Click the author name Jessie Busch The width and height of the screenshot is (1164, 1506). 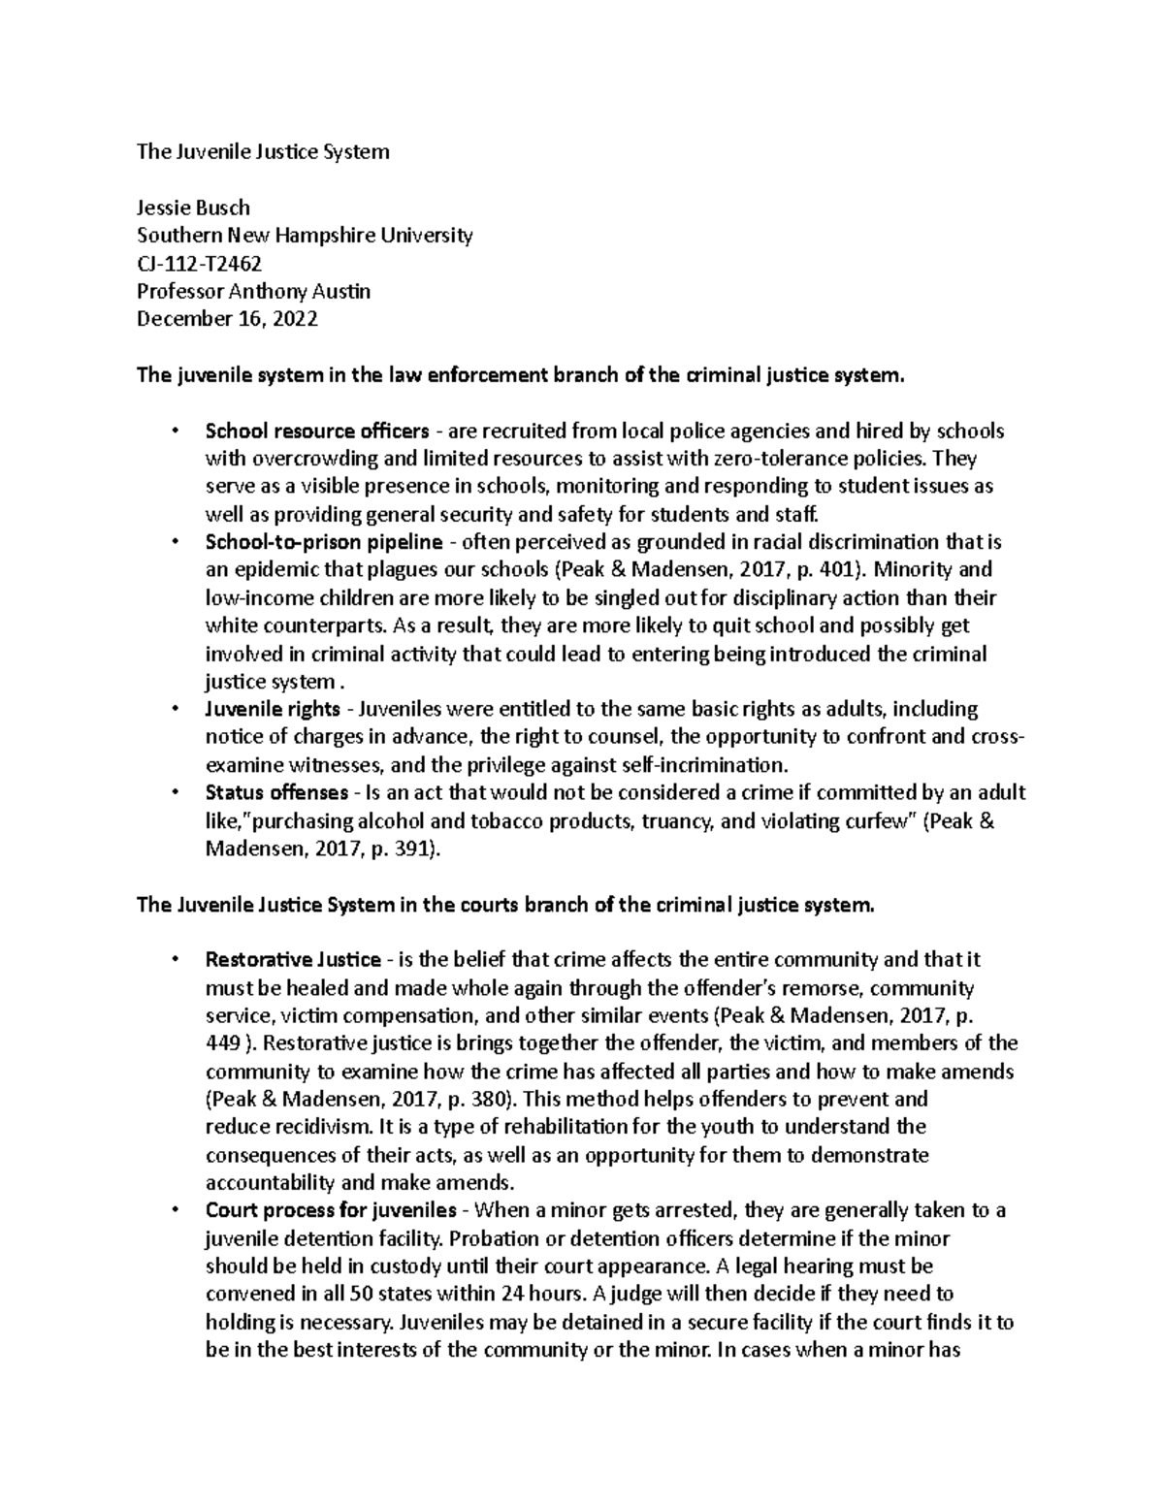coord(193,208)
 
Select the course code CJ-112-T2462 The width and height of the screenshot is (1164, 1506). coord(199,264)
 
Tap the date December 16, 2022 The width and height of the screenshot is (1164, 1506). coord(227,319)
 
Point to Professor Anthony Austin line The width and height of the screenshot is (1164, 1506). coord(253,291)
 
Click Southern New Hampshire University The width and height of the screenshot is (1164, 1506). coord(305,236)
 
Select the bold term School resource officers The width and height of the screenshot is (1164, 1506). coord(316,431)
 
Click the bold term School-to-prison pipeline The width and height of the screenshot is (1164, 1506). coord(324,542)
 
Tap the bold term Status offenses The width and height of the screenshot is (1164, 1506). coord(277,793)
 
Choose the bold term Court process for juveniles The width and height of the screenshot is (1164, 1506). coord(331,1211)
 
